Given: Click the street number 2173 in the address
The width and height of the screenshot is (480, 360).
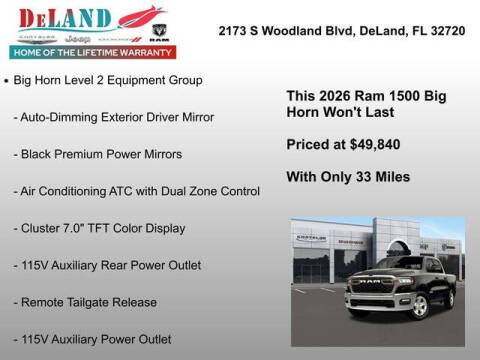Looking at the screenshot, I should (235, 31).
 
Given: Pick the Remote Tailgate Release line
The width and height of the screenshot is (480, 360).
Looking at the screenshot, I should (85, 302).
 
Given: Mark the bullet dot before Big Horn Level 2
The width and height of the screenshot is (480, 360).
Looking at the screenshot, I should (7, 79).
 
